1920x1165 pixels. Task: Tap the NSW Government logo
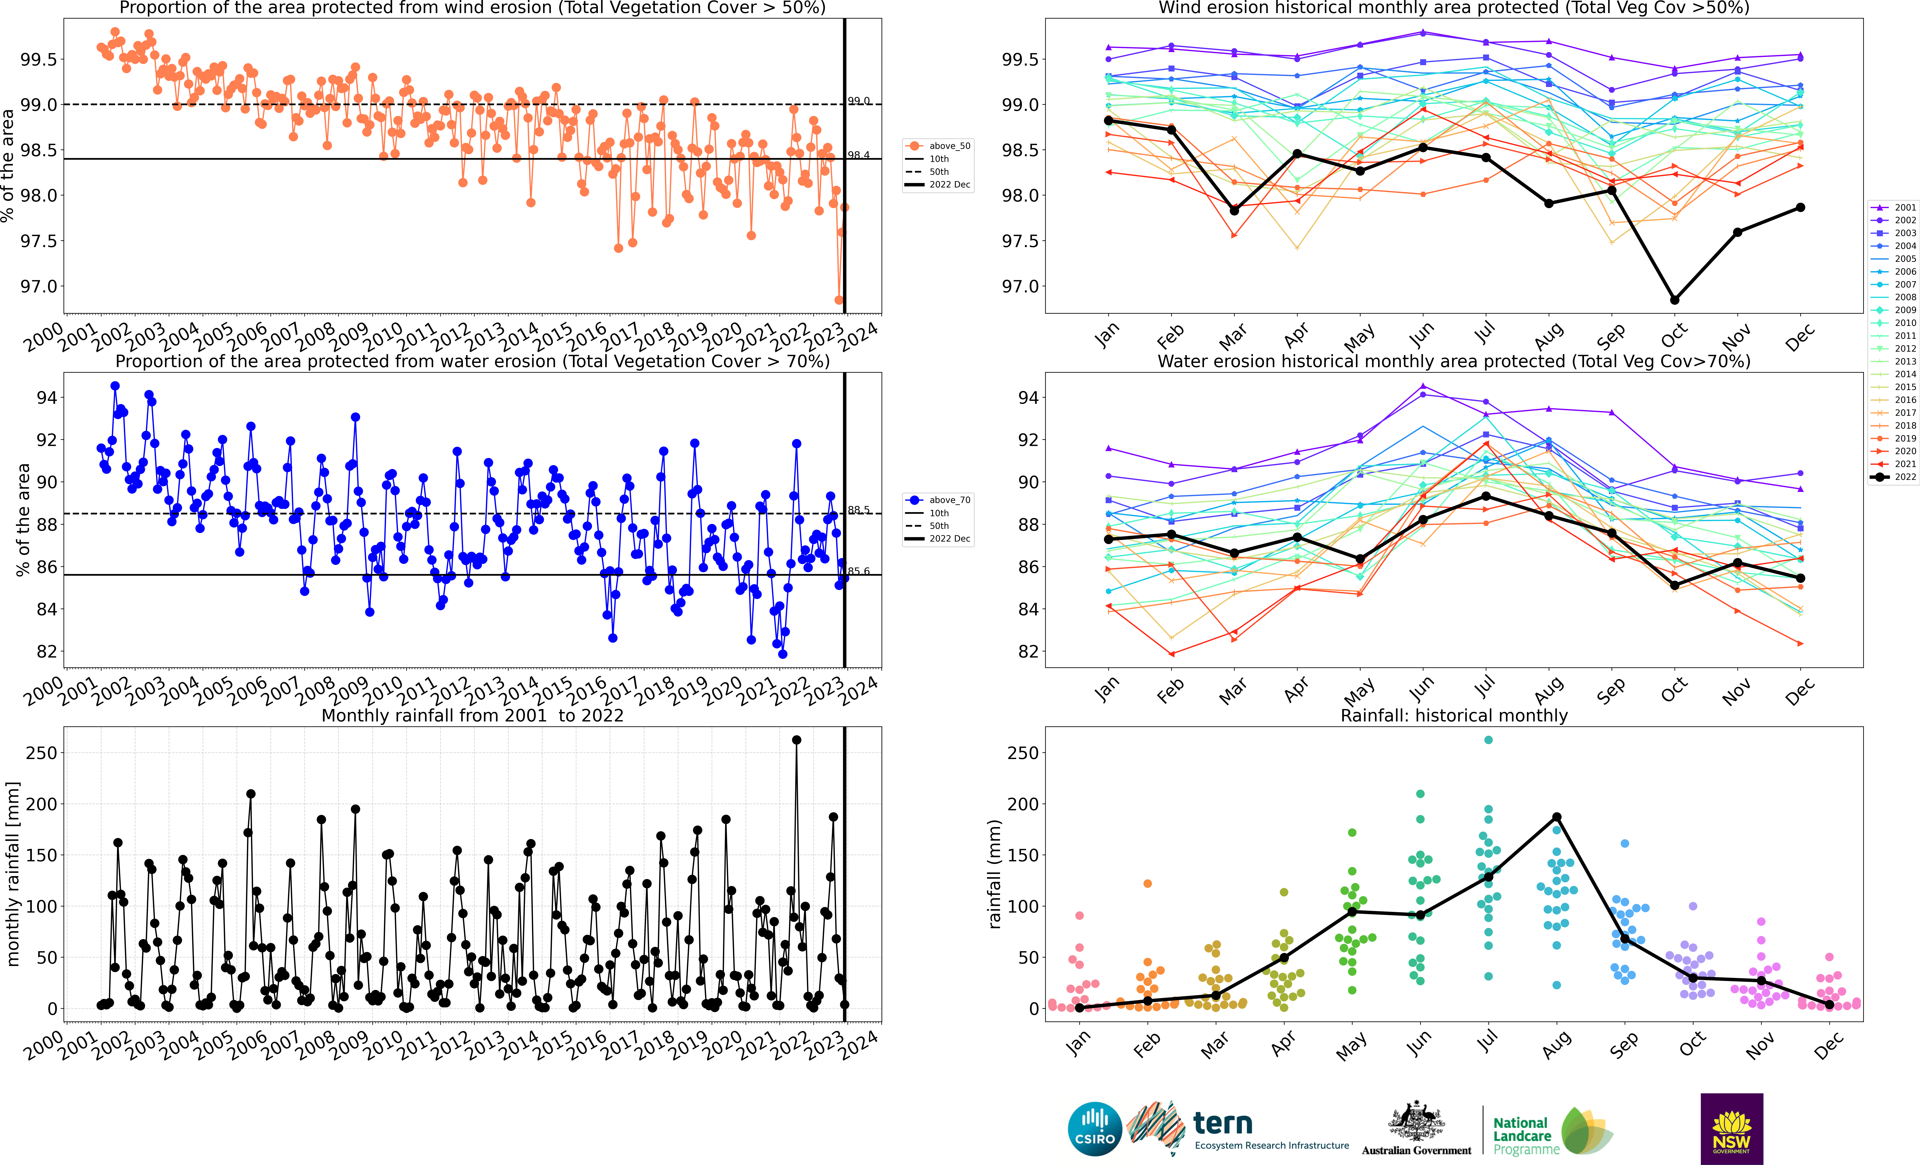[1731, 1128]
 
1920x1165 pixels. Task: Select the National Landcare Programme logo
[1551, 1132]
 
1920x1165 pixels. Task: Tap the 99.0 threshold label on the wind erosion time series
[859, 100]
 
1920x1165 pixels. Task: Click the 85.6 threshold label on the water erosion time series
[859, 571]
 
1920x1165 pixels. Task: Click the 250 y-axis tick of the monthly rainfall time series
[41, 753]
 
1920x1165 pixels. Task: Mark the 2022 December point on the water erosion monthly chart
[1800, 578]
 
